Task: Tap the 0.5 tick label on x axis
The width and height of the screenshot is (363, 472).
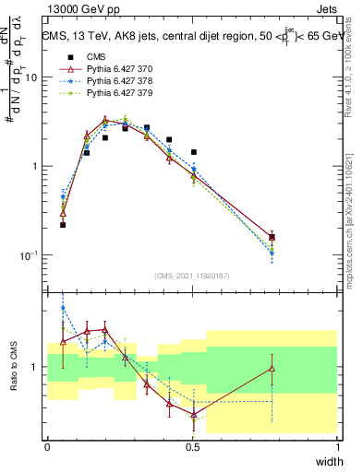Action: click(193, 446)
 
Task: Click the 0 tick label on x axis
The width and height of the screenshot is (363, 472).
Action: click(47, 446)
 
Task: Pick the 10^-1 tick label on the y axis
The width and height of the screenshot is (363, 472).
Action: click(28, 254)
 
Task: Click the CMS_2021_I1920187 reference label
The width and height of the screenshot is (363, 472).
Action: click(192, 276)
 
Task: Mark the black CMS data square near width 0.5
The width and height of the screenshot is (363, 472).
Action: click(193, 152)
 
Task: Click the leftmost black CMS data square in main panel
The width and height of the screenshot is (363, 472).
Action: click(63, 224)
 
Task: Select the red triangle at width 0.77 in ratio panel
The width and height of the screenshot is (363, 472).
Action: click(272, 368)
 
